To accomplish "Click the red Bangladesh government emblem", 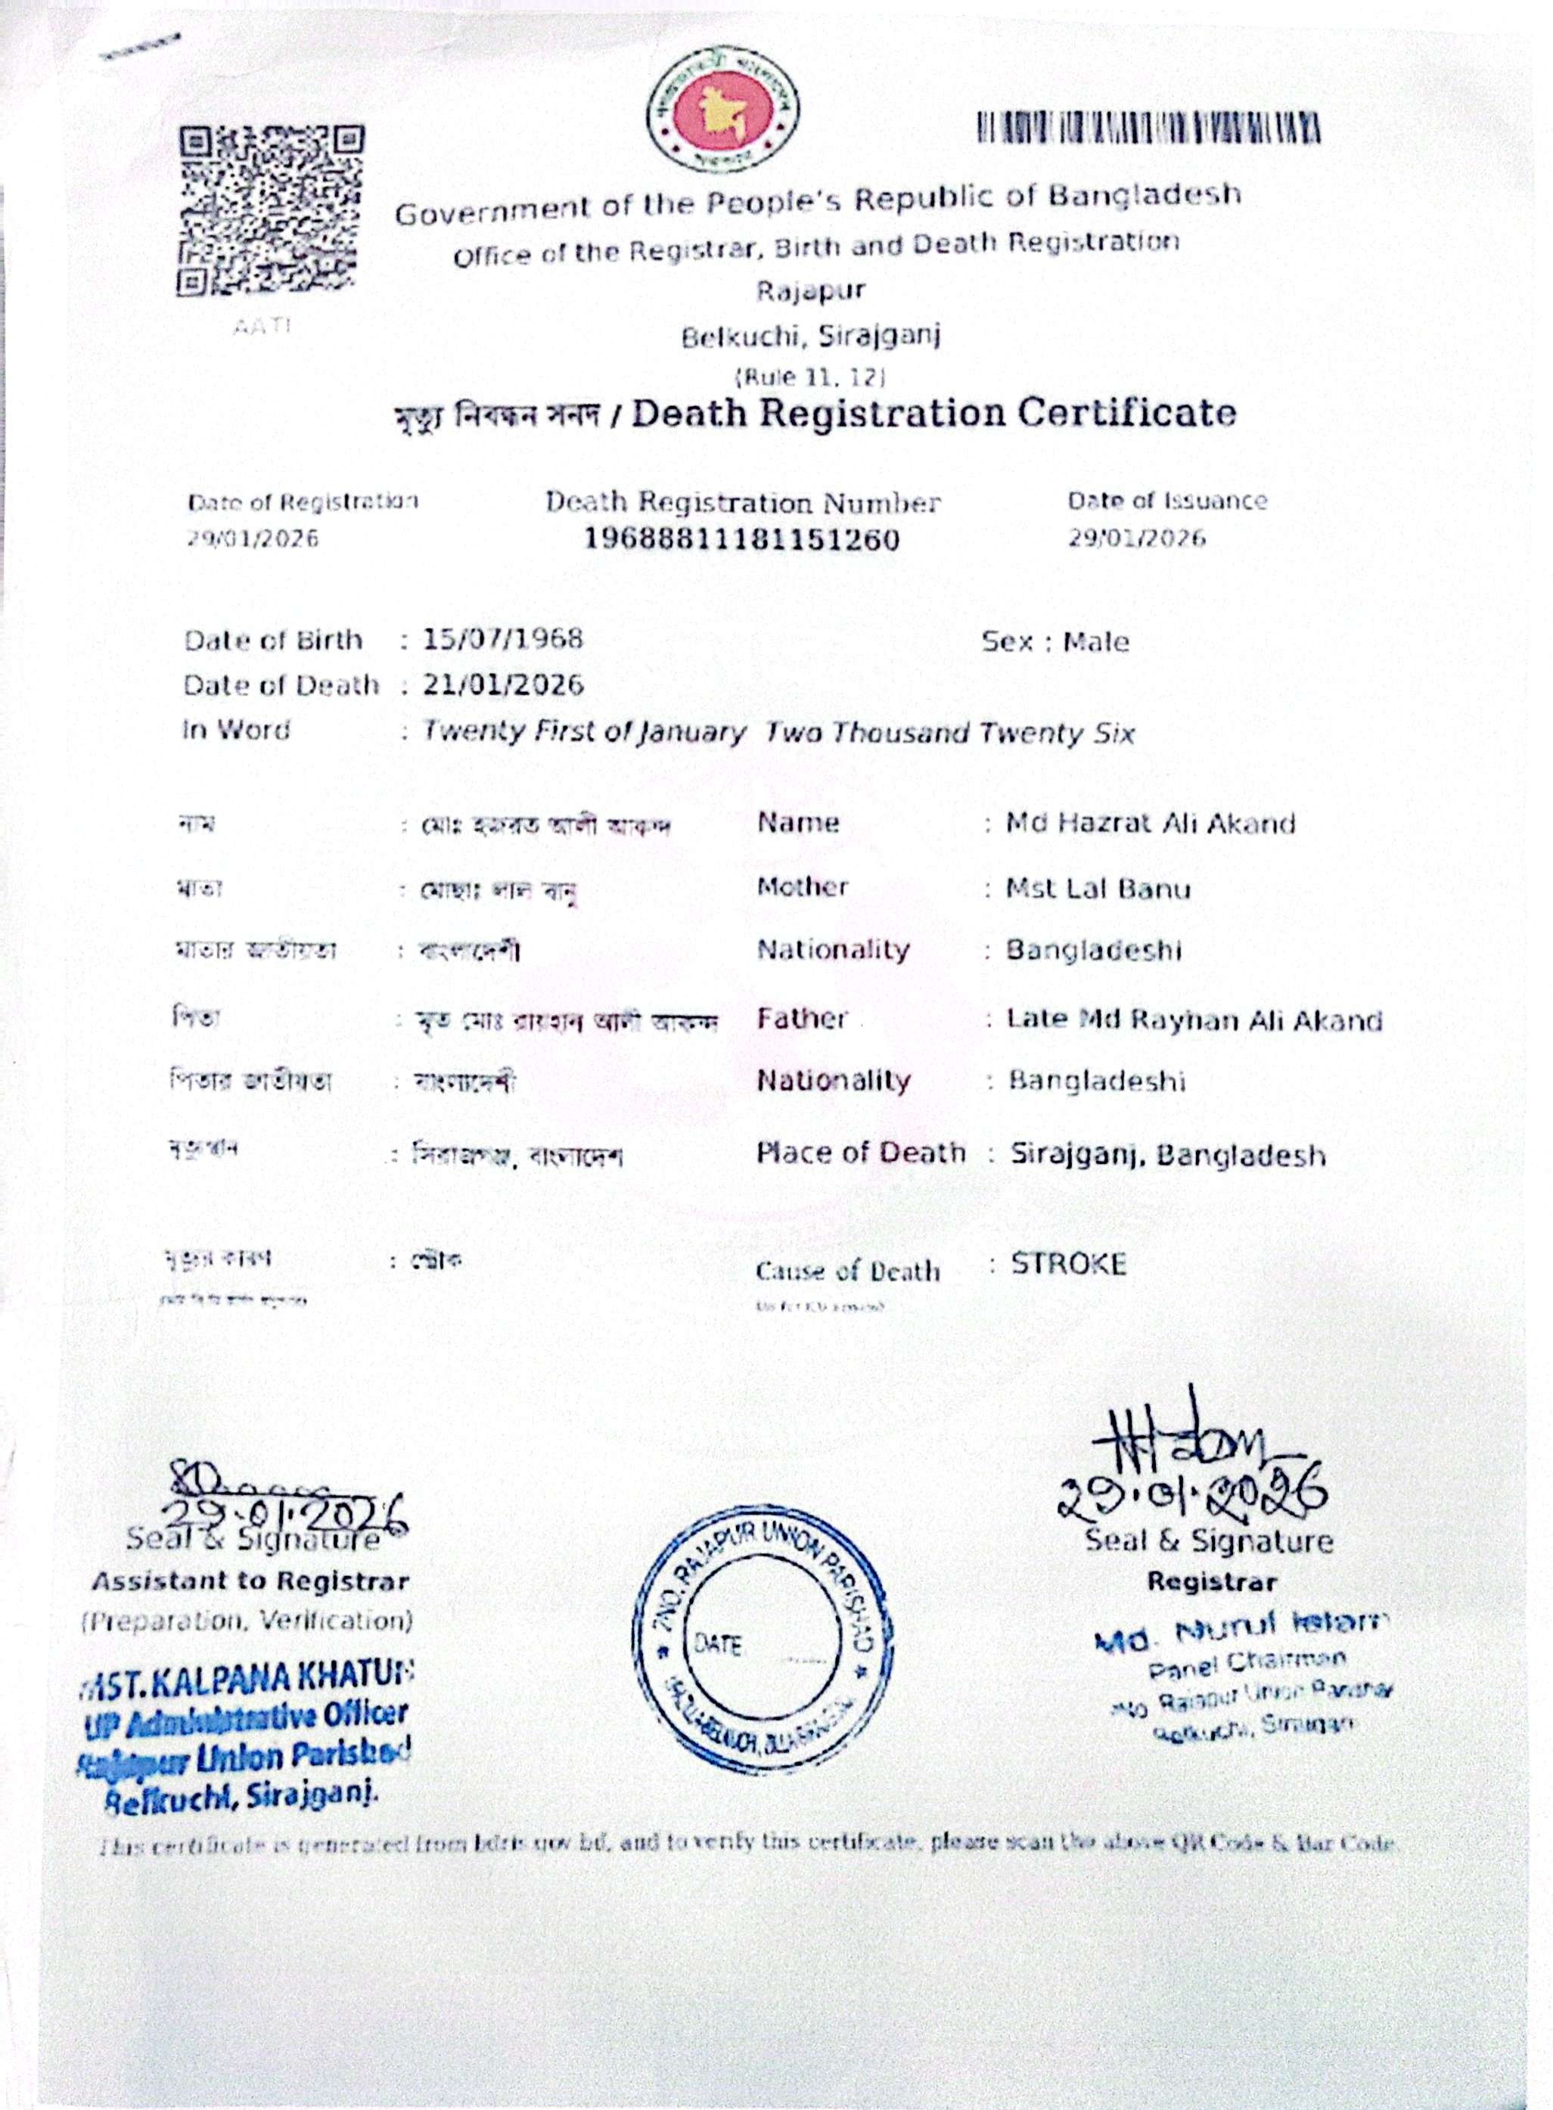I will pos(722,109).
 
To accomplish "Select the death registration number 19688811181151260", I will pos(742,539).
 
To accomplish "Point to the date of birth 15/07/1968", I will pos(502,639).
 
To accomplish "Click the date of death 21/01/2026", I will pos(503,684).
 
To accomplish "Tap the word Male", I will pos(1096,643).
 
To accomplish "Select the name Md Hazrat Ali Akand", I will pos(1150,824).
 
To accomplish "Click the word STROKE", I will pos(1068,1264).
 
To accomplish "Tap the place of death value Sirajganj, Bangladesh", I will pos(1167,1154).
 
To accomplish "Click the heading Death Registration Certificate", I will pos(933,414).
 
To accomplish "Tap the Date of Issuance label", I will pos(1166,501).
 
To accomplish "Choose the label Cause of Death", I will pos(847,1271).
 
